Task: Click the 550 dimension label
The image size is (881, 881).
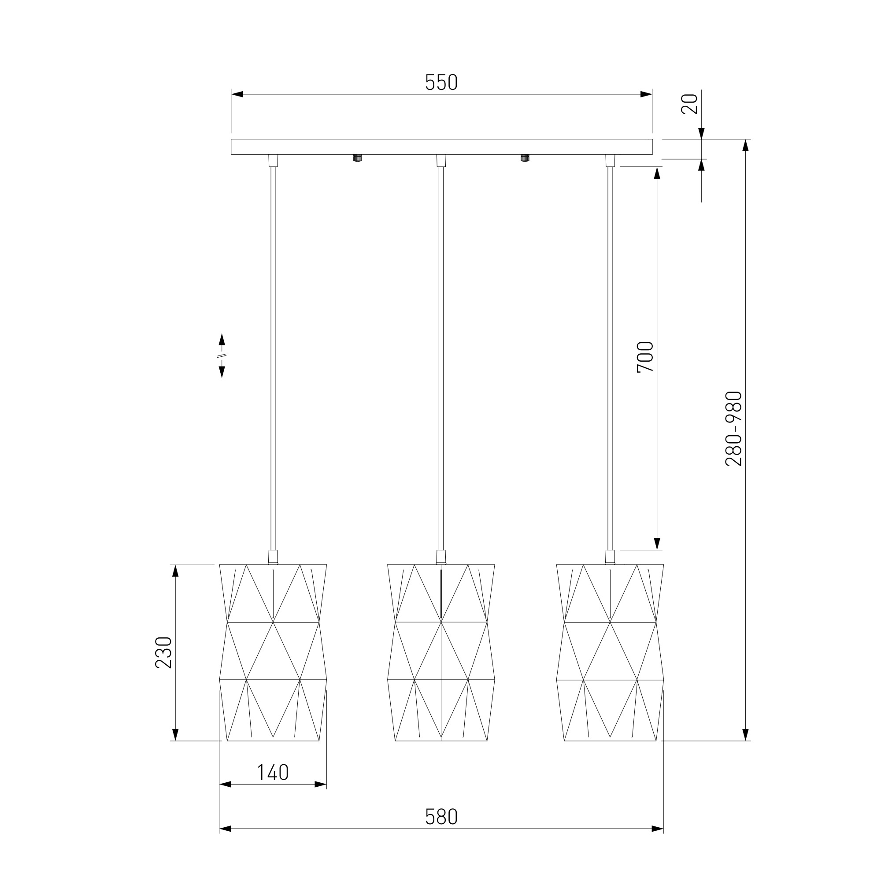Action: pos(441,82)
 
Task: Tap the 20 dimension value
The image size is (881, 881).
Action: pos(689,104)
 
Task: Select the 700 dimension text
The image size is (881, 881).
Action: pos(645,357)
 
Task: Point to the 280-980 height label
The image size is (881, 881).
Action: pos(734,429)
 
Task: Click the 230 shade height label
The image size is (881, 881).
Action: pos(164,652)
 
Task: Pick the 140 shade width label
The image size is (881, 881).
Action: pos(273,772)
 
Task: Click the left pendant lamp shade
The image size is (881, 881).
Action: pos(273,652)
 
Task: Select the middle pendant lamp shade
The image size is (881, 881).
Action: pos(441,652)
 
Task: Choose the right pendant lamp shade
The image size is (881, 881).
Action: pos(610,652)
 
